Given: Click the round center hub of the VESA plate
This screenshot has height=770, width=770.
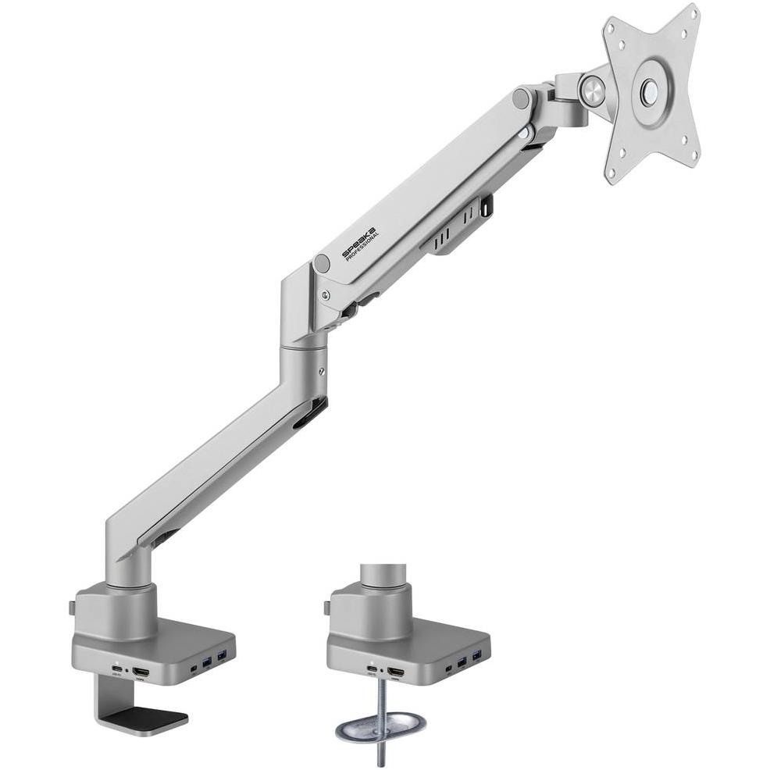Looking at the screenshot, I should pyautogui.click(x=648, y=91).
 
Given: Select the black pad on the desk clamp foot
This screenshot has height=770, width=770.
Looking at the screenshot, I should pyautogui.click(x=146, y=715).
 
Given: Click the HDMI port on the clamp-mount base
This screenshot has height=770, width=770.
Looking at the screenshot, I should pyautogui.click(x=141, y=672).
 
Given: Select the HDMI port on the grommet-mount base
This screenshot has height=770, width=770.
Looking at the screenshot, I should pyautogui.click(x=396, y=672).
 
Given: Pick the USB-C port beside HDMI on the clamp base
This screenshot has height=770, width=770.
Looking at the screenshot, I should pyautogui.click(x=117, y=671).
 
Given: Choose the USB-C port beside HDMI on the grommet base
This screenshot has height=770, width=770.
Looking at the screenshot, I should pyautogui.click(x=372, y=670).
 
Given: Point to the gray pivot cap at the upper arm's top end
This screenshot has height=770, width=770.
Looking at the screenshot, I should pyautogui.click(x=521, y=98).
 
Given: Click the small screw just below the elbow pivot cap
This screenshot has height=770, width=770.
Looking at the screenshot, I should pyautogui.click(x=326, y=295).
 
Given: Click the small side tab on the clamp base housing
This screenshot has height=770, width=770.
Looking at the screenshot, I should pyautogui.click(x=71, y=606).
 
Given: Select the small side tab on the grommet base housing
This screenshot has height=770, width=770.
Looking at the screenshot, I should pyautogui.click(x=326, y=606).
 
